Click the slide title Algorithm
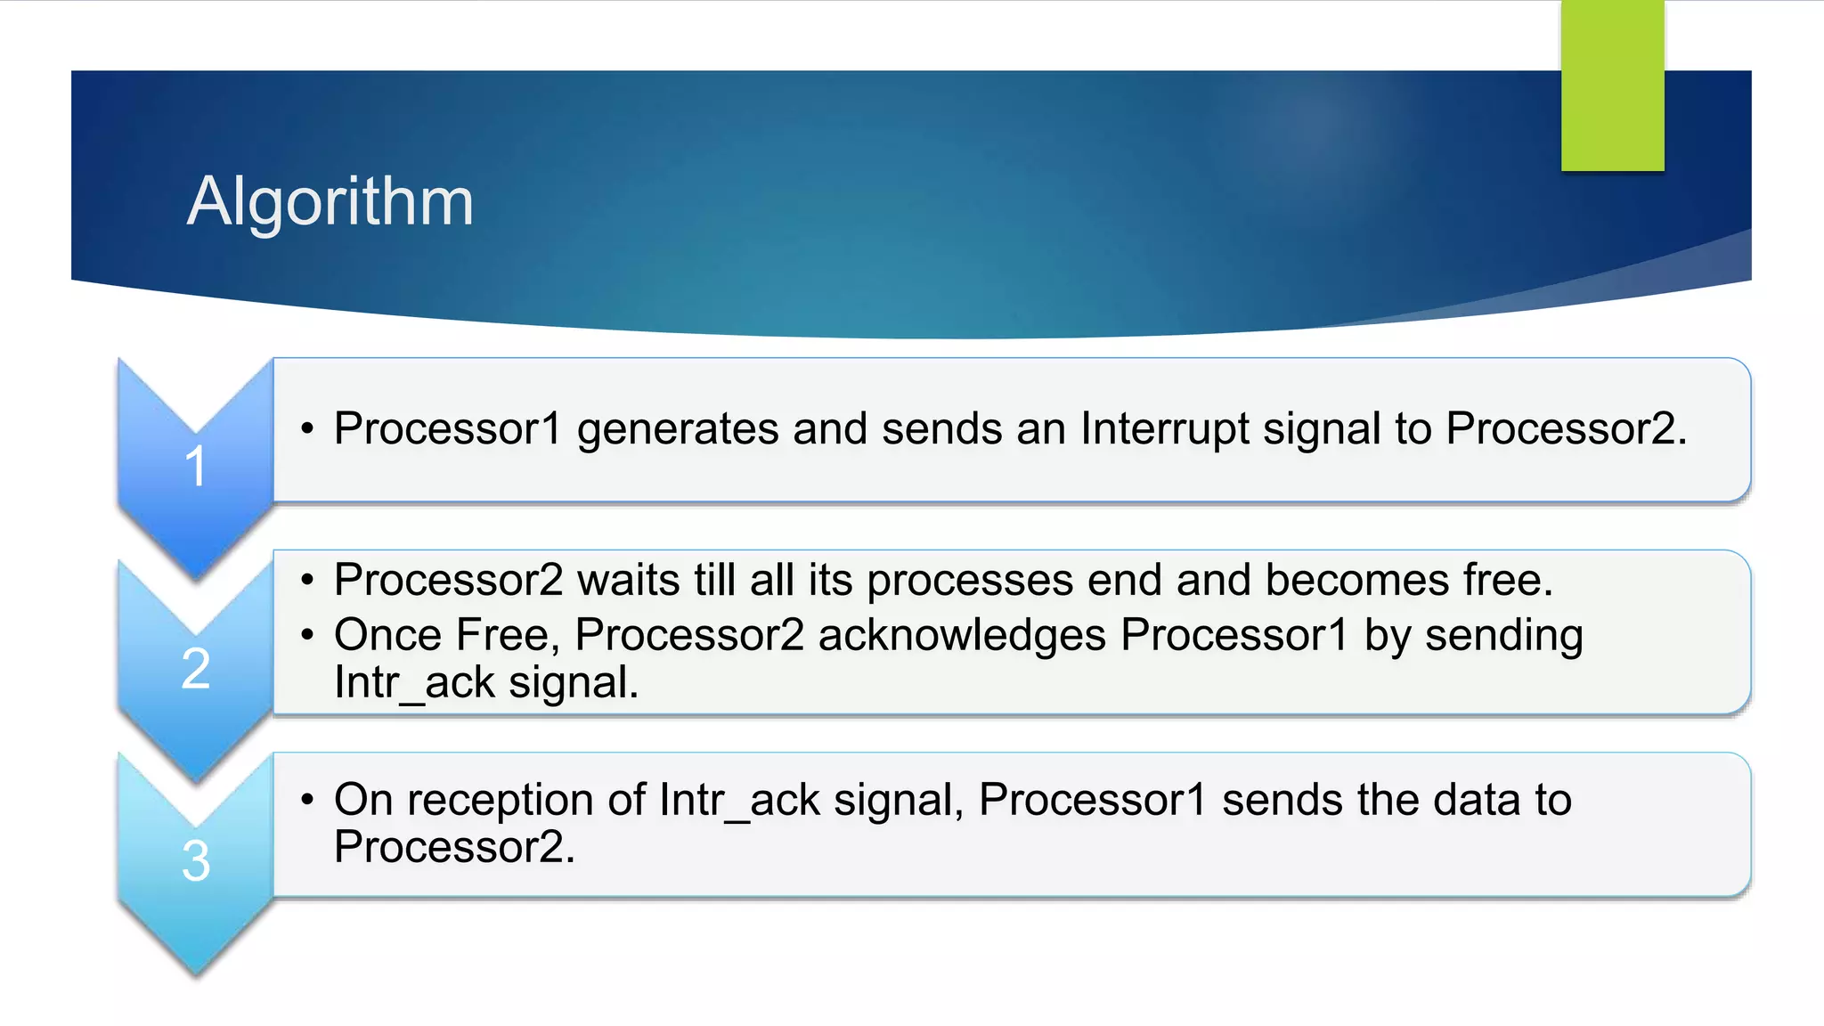[x=330, y=201]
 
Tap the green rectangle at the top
[x=1612, y=85]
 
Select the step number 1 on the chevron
[x=196, y=466]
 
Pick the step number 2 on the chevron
[x=196, y=668]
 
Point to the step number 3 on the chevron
[x=196, y=861]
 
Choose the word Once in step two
[x=388, y=635]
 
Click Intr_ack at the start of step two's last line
[x=414, y=683]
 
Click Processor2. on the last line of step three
[x=454, y=846]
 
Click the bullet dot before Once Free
[x=307, y=636]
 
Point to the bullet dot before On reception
[x=307, y=800]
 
